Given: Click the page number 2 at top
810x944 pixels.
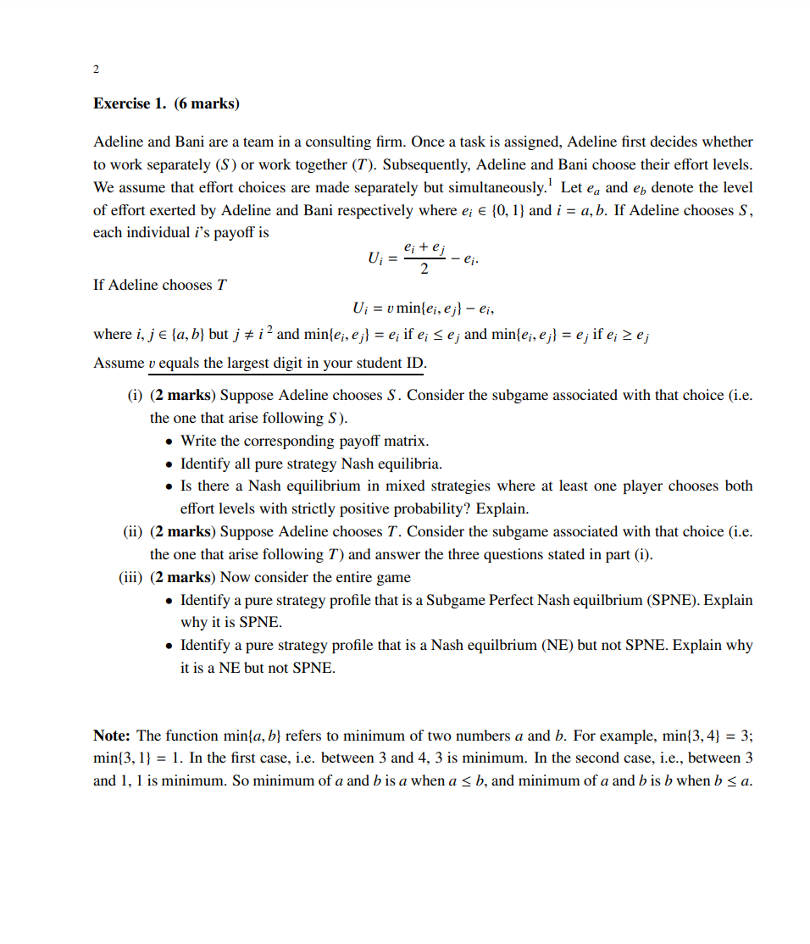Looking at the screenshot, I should tap(96, 68).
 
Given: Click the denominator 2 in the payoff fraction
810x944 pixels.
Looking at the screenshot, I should tap(424, 269).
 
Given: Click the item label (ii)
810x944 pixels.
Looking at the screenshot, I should tap(133, 531).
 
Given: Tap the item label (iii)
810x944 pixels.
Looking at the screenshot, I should tap(131, 577).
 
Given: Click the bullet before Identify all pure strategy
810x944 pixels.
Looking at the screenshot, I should tap(170, 464).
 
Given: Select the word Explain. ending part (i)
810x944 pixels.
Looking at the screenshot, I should tap(502, 508).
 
